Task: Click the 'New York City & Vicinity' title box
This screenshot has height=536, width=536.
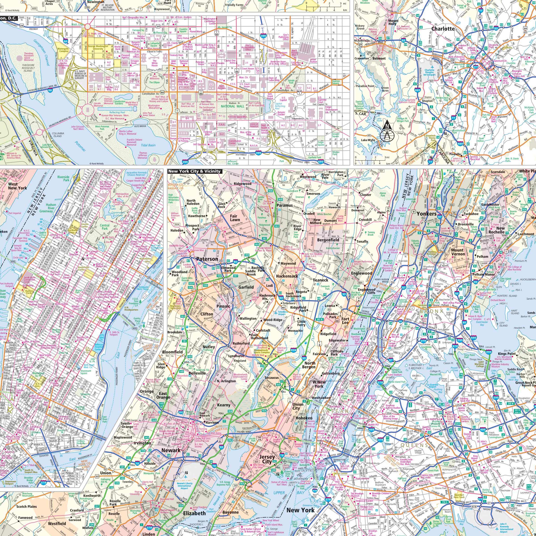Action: [x=195, y=171]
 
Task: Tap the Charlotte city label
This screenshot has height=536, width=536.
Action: [x=443, y=29]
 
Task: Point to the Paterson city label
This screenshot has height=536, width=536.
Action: [x=207, y=259]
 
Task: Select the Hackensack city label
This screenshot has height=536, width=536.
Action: [x=287, y=276]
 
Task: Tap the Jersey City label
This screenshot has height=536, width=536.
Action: [x=267, y=459]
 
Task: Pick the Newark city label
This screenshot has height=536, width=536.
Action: [x=171, y=450]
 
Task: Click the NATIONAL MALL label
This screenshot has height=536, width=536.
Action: [x=232, y=106]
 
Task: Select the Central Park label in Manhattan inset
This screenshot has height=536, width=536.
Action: [x=105, y=227]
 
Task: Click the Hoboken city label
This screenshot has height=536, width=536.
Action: [x=304, y=418]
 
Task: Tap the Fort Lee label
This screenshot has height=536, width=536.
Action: [x=345, y=321]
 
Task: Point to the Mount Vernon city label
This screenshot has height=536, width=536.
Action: [x=458, y=252]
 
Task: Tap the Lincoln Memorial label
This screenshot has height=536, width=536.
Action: [x=98, y=104]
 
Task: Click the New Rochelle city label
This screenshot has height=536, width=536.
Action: [x=497, y=230]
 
